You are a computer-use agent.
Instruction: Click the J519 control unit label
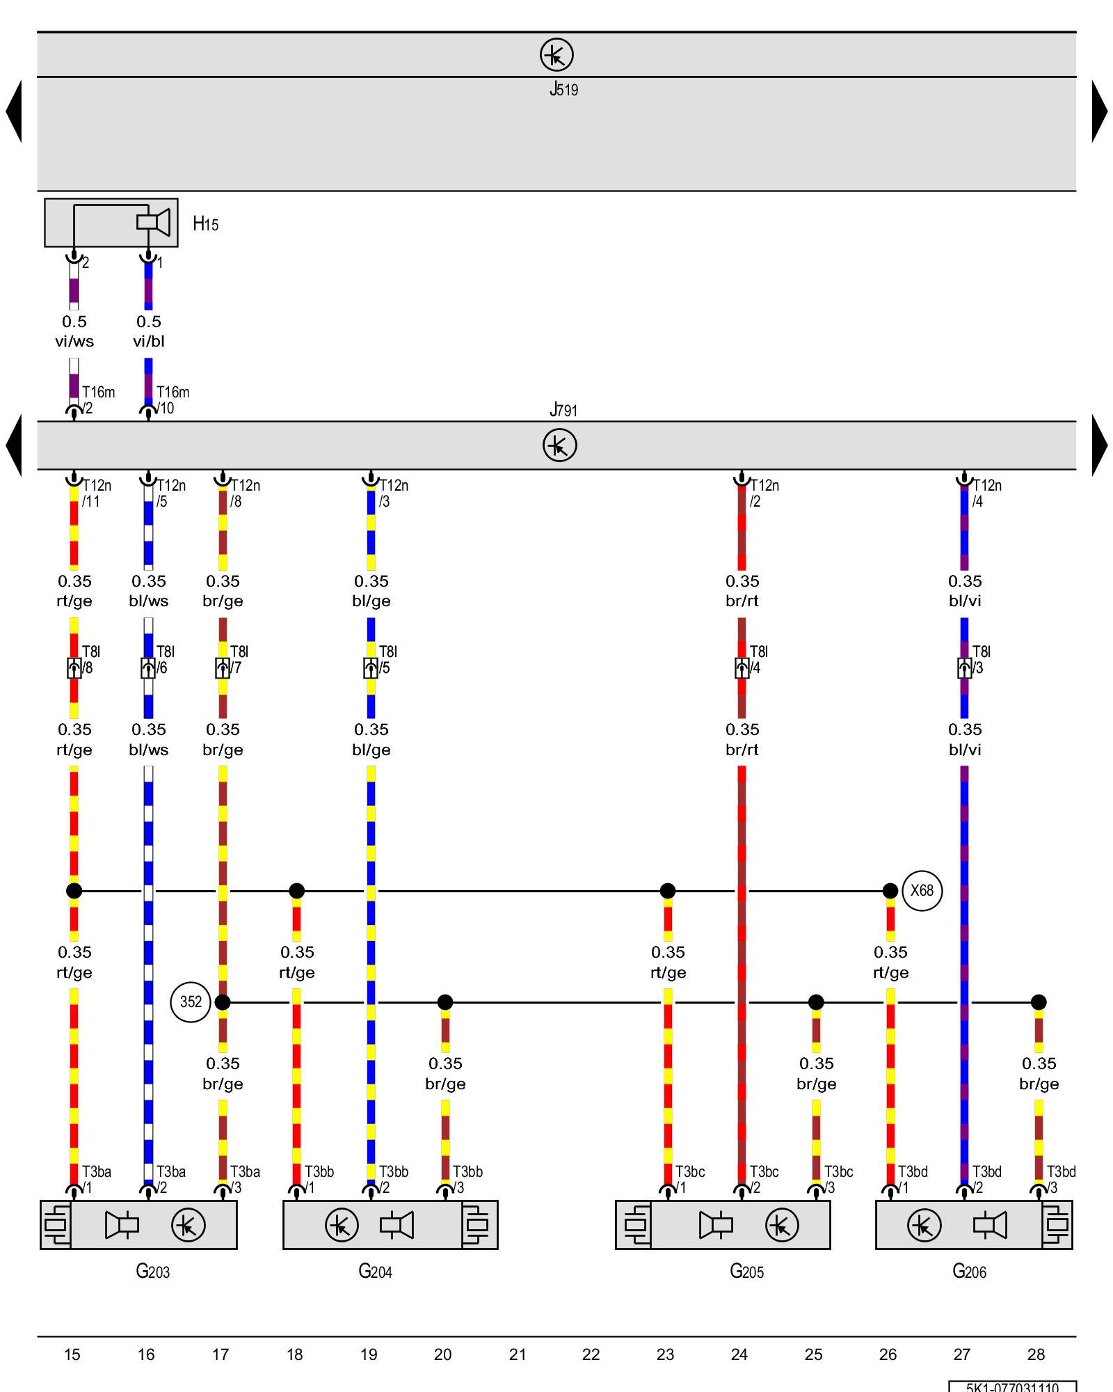click(563, 89)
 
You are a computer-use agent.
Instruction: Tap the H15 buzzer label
click(205, 223)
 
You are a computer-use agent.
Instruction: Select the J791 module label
click(563, 410)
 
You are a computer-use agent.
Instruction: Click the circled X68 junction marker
click(922, 890)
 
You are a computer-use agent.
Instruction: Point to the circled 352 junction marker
click(191, 1002)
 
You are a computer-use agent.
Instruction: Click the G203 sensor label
click(152, 1272)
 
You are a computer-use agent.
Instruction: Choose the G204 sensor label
click(375, 1272)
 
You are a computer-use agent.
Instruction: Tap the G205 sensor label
click(746, 1272)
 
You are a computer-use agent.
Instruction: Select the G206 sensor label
click(969, 1272)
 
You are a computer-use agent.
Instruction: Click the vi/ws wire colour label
click(74, 341)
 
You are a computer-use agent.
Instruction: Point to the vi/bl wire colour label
click(149, 341)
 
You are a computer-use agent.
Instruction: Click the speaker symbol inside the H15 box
click(154, 222)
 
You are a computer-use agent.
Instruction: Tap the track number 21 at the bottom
click(517, 1354)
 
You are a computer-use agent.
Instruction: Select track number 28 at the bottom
click(1036, 1354)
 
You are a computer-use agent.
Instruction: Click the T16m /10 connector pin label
click(173, 400)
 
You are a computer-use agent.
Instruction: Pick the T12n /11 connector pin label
click(97, 493)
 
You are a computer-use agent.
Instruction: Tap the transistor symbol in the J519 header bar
click(556, 55)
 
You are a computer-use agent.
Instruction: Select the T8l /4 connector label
click(758, 659)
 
